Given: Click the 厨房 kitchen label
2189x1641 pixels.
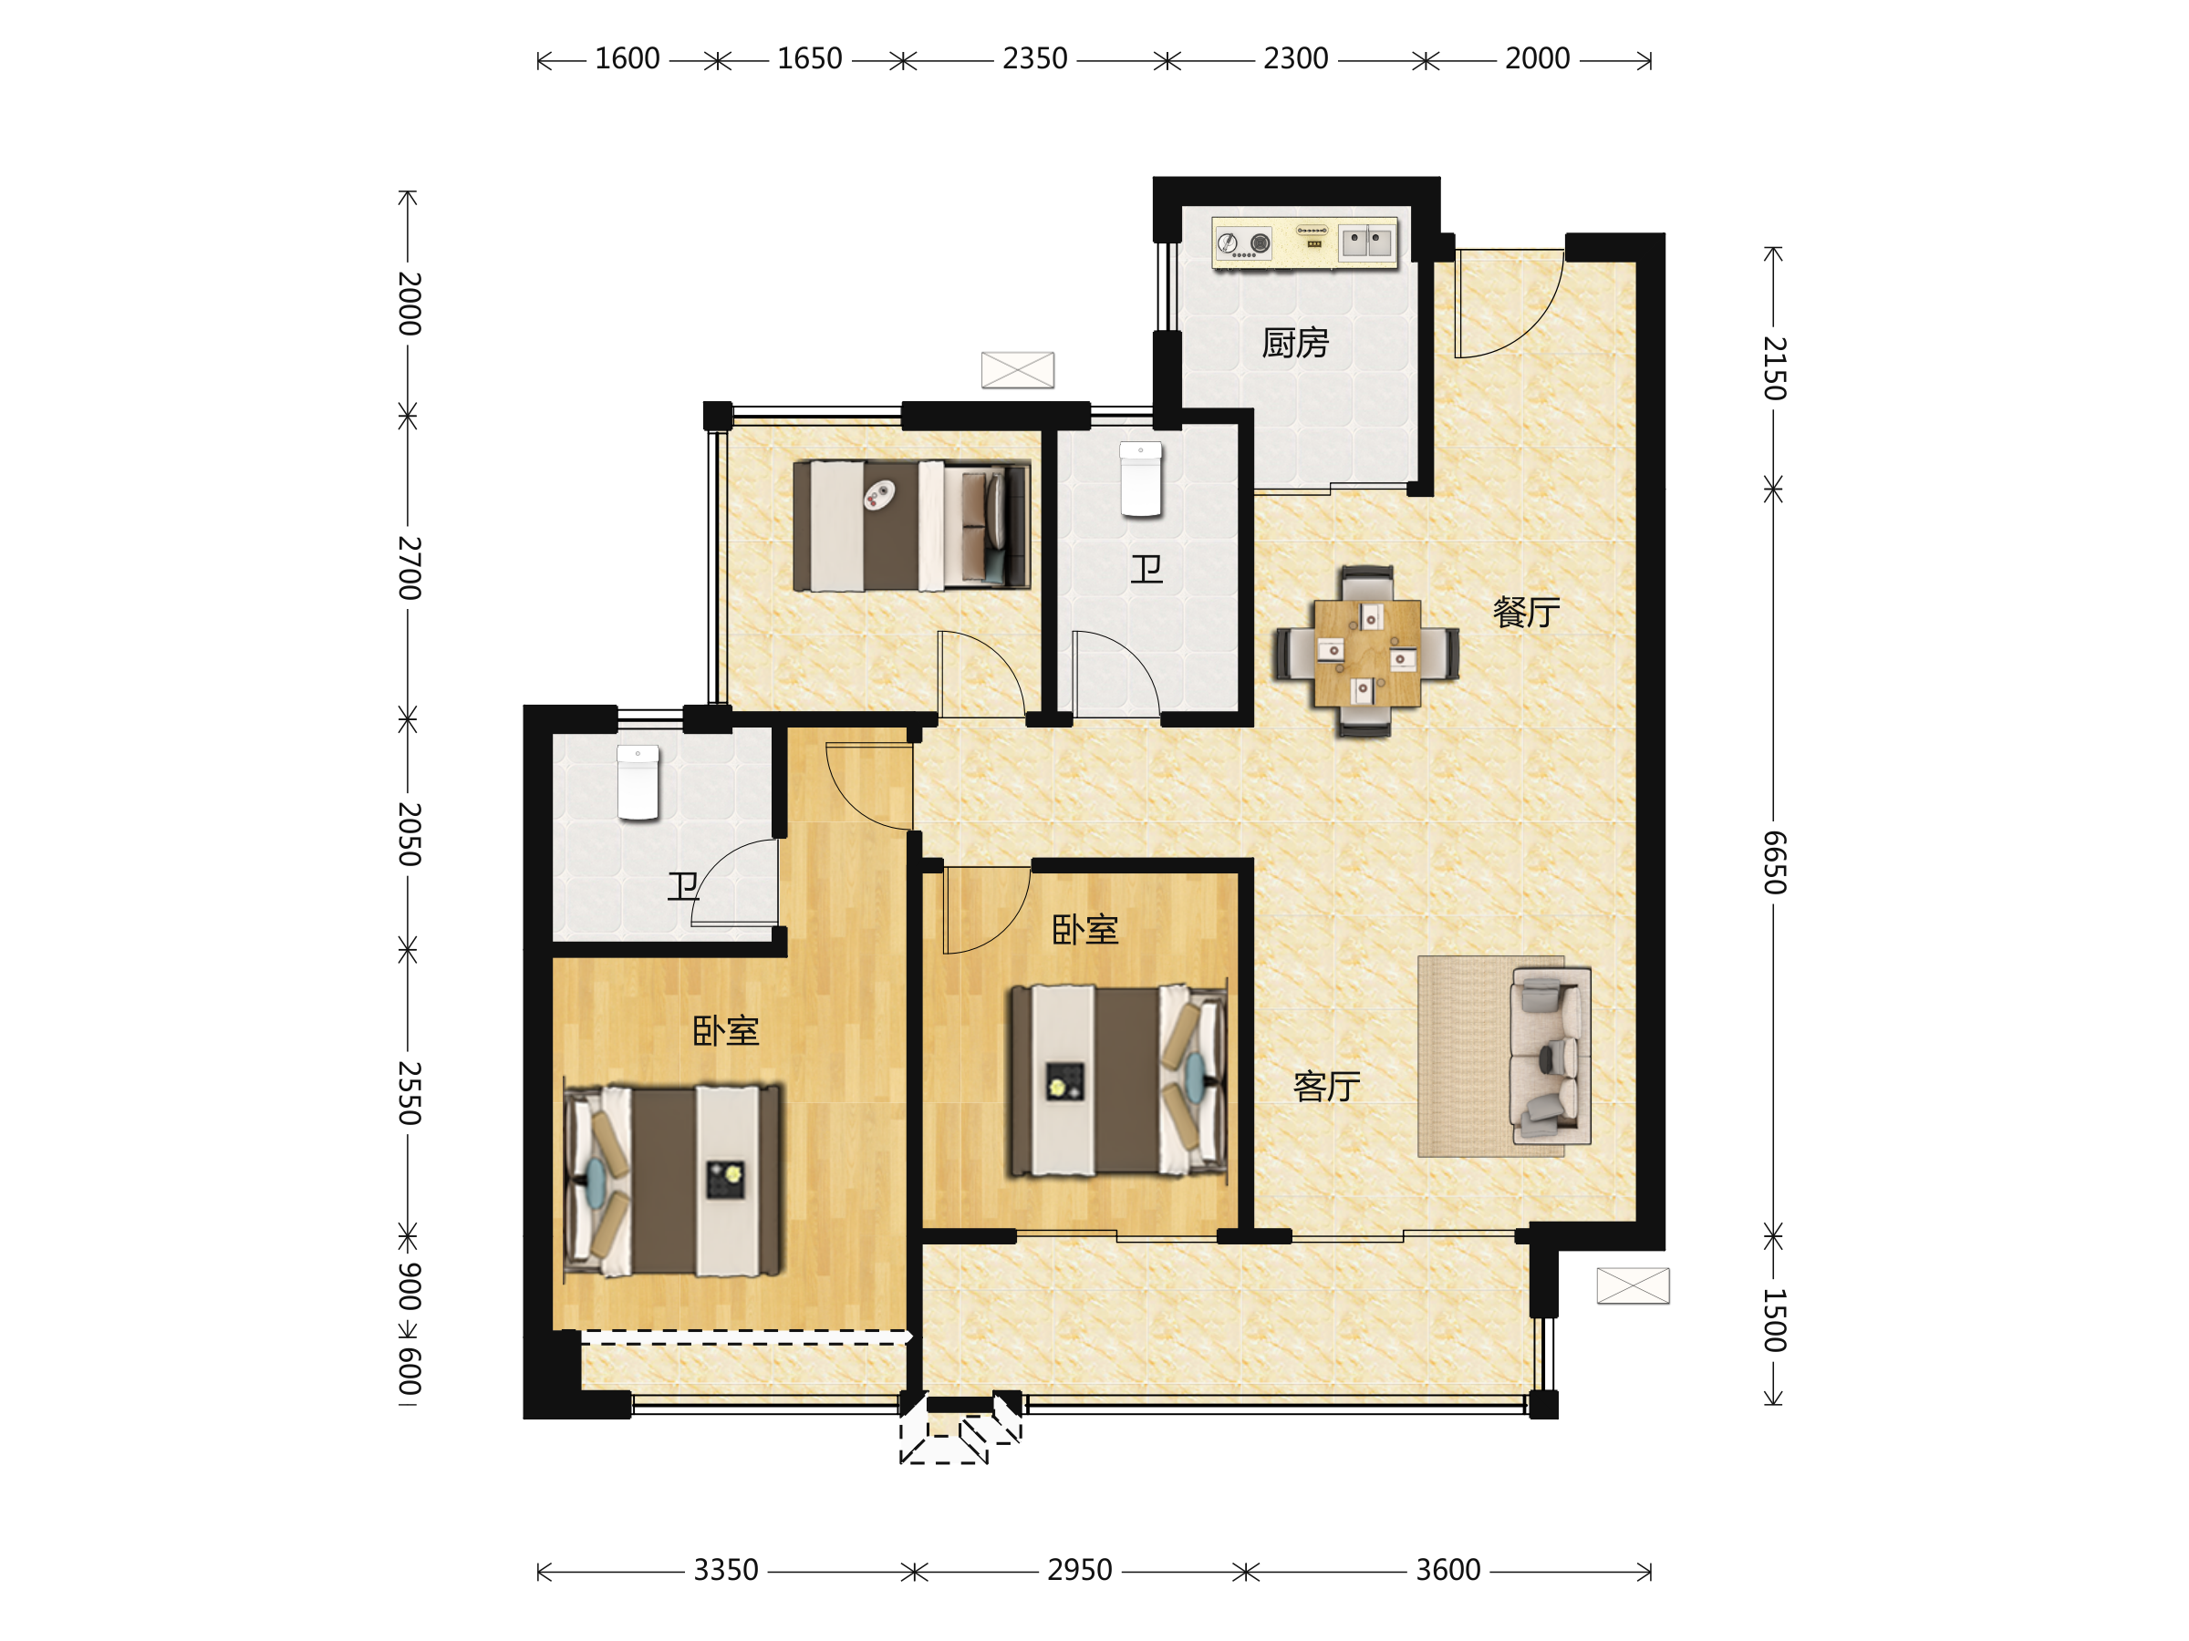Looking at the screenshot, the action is [1295, 343].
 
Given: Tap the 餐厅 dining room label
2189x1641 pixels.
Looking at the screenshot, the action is [1526, 613].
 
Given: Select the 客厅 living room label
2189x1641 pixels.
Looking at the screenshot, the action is [1327, 1086].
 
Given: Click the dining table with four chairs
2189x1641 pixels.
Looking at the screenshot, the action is [1366, 653].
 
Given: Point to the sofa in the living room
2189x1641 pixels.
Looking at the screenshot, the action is [1550, 1056].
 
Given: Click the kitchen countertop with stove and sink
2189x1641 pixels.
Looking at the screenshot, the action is [1305, 243].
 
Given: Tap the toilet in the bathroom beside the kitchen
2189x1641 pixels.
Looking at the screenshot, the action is [1140, 480].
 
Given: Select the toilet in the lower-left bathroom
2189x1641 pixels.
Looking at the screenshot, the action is [638, 783].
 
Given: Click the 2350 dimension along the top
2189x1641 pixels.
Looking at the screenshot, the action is [1035, 59].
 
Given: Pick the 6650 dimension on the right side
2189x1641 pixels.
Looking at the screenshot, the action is [1774, 862].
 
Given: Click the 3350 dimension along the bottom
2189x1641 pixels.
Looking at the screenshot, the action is [725, 1571].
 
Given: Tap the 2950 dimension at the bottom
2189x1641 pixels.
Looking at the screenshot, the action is [1080, 1571].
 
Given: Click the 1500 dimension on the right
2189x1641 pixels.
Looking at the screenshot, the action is [1774, 1320].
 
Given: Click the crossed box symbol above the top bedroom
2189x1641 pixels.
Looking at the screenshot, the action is [1017, 370].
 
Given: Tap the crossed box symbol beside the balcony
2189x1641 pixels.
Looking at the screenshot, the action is [1633, 1285].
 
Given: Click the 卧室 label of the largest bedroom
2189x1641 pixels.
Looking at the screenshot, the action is [725, 1032].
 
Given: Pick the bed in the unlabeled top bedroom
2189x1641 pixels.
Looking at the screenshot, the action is [911, 526].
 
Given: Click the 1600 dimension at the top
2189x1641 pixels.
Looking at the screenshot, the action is [628, 59].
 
